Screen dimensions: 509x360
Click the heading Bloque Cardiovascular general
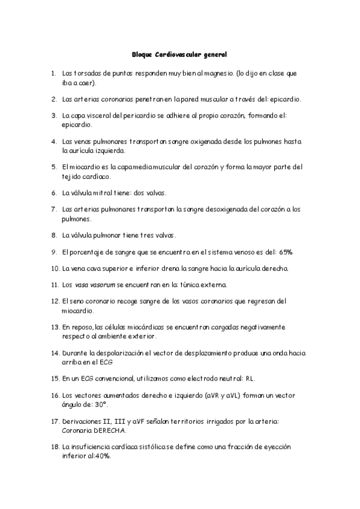179,55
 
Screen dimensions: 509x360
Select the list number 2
54,98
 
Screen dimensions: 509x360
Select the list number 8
54,235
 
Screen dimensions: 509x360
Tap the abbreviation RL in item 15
254,379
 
